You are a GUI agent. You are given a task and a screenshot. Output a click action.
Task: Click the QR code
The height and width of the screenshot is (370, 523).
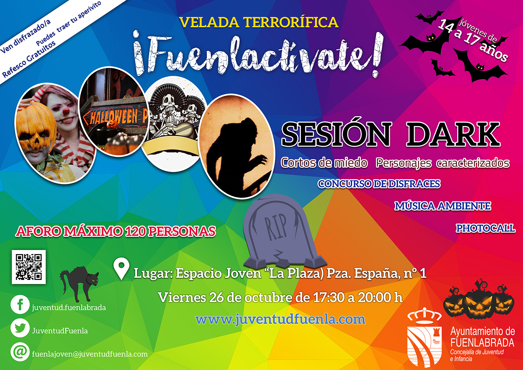[x=29, y=267]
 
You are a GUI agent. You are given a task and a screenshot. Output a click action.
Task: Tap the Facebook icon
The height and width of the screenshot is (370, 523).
[x=20, y=305]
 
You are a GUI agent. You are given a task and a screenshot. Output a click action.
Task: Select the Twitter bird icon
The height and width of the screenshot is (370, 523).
[x=20, y=328]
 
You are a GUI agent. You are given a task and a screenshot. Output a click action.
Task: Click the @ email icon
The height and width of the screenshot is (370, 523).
[x=20, y=352]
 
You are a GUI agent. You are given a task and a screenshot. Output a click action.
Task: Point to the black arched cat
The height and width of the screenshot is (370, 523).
[x=79, y=284]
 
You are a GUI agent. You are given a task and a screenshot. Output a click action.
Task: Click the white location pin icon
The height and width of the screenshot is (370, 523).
[x=122, y=269]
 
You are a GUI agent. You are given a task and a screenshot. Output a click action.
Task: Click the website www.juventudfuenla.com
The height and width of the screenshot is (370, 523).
[x=280, y=319]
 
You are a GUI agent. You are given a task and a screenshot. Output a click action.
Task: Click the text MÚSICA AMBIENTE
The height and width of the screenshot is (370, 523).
[x=443, y=206]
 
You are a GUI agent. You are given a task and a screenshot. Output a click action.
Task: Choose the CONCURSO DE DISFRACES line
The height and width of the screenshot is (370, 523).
[x=379, y=184]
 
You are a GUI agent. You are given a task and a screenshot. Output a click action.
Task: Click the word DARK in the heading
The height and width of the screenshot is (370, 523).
[x=453, y=134]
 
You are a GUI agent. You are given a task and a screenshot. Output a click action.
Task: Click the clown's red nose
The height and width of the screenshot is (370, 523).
[x=66, y=110]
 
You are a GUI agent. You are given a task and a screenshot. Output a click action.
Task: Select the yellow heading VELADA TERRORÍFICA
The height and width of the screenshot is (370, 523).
[x=259, y=22]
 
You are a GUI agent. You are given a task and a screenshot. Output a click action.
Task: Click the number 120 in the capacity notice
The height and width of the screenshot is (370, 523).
[x=135, y=231]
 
